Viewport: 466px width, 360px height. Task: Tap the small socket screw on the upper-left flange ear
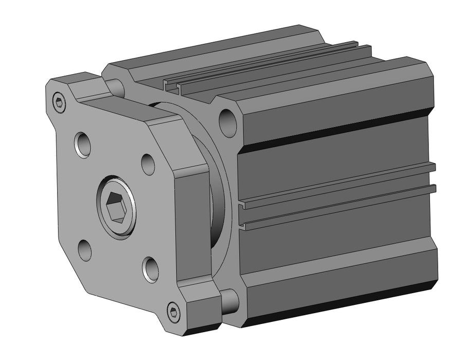pyautogui.click(x=60, y=103)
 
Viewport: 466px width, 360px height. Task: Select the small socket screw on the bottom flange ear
pyautogui.click(x=174, y=312)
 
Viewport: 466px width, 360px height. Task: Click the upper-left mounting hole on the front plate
pyautogui.click(x=82, y=144)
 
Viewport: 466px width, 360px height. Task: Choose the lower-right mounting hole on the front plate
pyautogui.click(x=150, y=269)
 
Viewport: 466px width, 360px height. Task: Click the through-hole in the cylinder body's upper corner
pyautogui.click(x=227, y=120)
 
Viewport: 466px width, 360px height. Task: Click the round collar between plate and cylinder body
pyautogui.click(x=219, y=201)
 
